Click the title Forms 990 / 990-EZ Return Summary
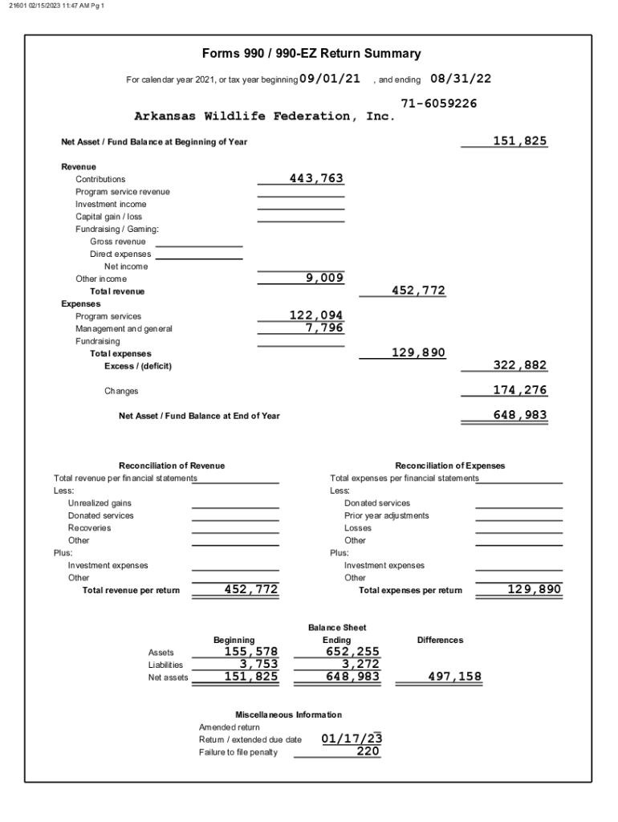coord(311,54)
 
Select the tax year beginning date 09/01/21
coord(329,79)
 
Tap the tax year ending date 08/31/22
coord(461,79)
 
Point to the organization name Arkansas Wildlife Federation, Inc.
coord(265,116)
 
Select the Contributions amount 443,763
coord(316,178)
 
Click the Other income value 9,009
coord(324,278)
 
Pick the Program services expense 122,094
coord(316,315)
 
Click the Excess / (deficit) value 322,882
coord(519,365)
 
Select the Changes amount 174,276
coord(519,390)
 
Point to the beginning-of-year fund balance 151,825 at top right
coord(519,141)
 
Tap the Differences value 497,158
coord(454,677)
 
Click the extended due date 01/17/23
coord(352,739)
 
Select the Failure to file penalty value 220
coord(368,751)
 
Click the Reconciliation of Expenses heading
coord(450,466)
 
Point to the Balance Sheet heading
coord(337,627)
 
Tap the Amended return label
coord(230,727)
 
